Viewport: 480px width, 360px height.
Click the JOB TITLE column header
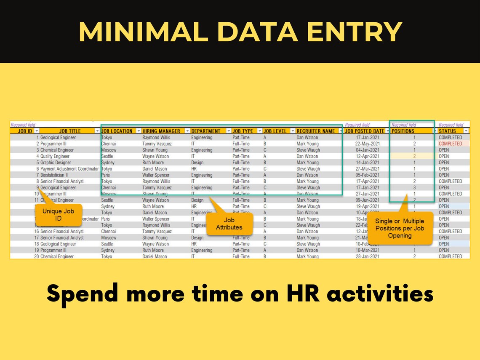[69, 131]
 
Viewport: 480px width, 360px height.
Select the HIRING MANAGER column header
[161, 131]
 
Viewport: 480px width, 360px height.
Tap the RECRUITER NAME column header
[316, 131]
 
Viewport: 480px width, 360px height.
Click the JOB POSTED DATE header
[365, 131]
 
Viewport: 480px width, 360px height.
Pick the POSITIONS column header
[403, 131]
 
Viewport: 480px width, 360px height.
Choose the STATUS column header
[447, 131]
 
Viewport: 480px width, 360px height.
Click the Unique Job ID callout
[58, 214]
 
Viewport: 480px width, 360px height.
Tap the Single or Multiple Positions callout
[400, 228]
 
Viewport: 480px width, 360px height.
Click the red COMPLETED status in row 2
[450, 144]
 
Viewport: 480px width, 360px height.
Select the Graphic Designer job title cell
[56, 163]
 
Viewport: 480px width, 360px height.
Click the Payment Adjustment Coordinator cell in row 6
[69, 169]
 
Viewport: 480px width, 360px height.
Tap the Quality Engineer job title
[55, 156]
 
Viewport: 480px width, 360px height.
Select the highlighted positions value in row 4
[414, 156]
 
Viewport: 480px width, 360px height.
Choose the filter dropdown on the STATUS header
[466, 131]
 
